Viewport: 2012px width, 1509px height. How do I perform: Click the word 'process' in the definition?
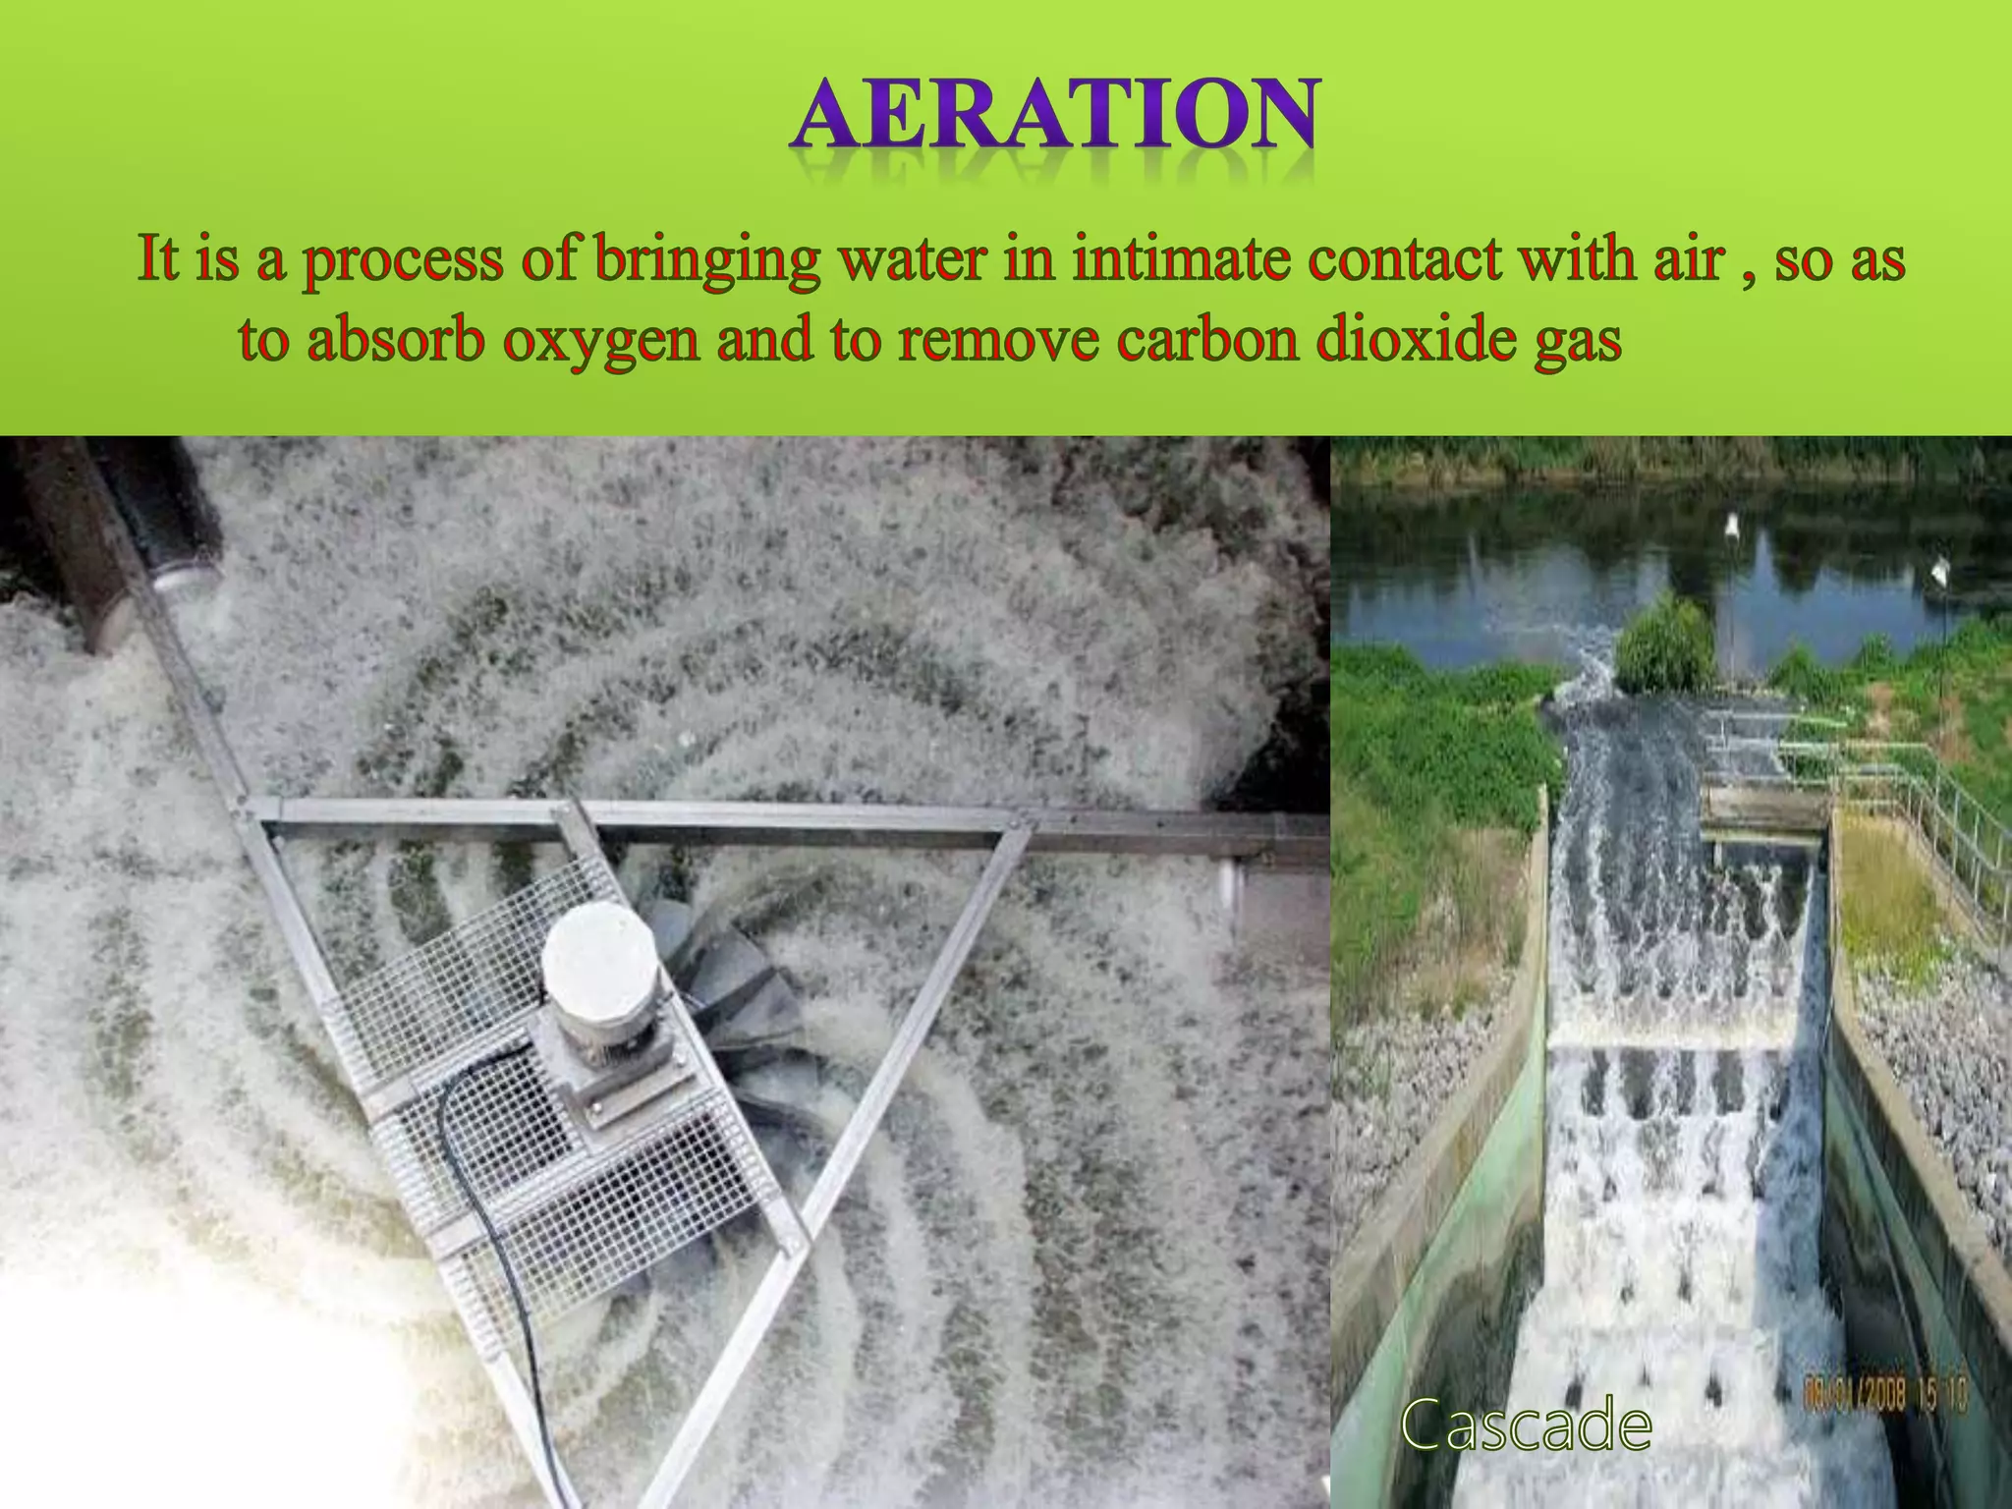[402, 261]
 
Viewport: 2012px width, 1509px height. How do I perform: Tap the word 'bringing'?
[706, 261]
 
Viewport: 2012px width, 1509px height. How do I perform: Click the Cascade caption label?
[1526, 1425]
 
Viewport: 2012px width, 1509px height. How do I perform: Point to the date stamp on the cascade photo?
[1885, 1394]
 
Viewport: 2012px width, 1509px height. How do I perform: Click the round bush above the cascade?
[1666, 643]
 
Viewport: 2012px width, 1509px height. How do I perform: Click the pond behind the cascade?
[1533, 589]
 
